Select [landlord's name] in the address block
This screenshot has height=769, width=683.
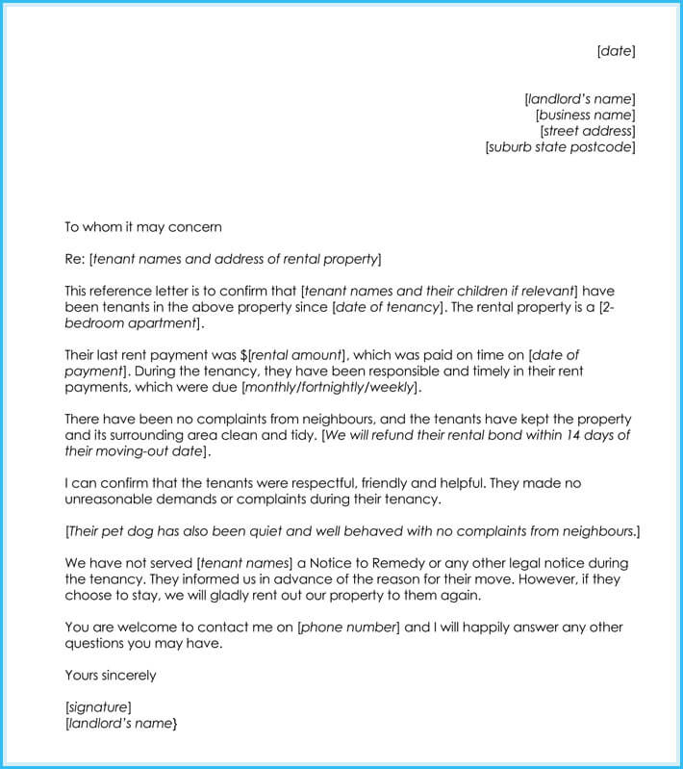tap(579, 99)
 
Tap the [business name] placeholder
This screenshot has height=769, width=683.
tap(585, 115)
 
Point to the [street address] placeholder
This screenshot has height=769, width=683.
tap(587, 132)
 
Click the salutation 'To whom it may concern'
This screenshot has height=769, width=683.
tap(142, 227)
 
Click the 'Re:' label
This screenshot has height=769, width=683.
tap(75, 259)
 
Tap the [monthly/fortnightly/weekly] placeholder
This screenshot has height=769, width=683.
tap(331, 387)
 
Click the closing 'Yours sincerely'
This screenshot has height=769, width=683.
tap(110, 676)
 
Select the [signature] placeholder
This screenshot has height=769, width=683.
tap(98, 707)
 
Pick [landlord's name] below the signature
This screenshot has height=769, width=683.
tap(121, 723)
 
